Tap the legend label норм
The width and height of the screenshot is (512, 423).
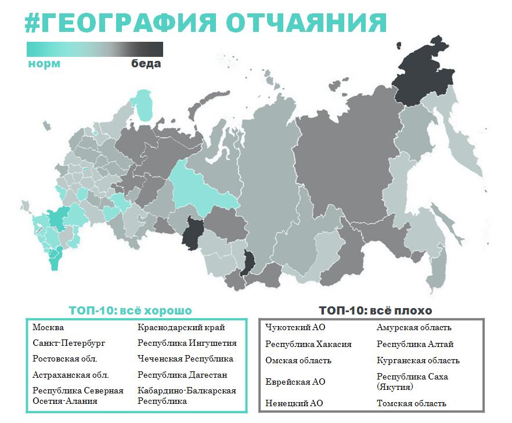[44, 64]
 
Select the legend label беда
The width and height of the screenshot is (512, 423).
[146, 64]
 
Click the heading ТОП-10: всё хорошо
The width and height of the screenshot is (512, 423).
[130, 310]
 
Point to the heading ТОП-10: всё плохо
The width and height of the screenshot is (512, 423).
[375, 310]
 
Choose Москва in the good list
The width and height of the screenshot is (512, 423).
[48, 328]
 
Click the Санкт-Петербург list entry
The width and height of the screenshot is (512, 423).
[69, 343]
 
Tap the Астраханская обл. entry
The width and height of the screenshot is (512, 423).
[71, 375]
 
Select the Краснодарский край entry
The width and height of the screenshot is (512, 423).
[181, 328]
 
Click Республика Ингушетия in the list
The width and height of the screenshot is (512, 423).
[187, 343]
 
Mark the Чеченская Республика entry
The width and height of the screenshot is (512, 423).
[185, 359]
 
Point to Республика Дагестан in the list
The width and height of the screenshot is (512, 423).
[182, 375]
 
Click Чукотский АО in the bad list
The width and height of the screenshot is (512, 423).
[295, 328]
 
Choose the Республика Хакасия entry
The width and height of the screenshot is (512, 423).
[308, 344]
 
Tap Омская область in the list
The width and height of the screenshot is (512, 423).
[298, 360]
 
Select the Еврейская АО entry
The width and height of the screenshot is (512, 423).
[295, 382]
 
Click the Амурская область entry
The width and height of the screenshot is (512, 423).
[414, 328]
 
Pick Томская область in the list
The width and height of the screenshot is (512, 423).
[411, 403]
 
